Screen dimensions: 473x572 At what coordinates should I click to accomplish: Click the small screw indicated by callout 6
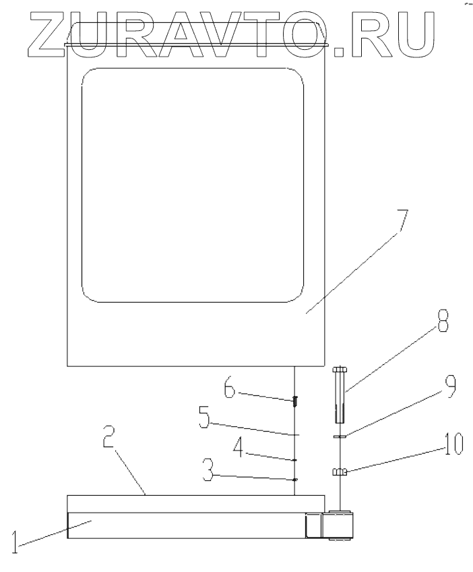pos(295,402)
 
